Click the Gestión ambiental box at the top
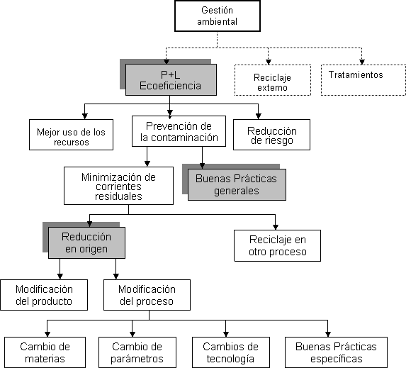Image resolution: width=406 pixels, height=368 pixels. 218,16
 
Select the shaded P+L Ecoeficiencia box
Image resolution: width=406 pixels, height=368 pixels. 171,80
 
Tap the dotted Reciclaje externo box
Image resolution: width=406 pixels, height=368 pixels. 273,80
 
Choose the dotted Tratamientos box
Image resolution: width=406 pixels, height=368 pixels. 363,80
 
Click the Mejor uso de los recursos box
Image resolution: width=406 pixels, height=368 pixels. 71,135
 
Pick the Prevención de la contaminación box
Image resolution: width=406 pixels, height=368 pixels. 179,131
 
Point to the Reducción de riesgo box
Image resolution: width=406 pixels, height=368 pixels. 271,135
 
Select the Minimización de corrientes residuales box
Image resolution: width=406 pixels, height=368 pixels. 118,186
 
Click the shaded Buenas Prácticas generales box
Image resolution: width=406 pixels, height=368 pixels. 237,184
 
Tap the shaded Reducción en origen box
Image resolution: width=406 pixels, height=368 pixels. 86,242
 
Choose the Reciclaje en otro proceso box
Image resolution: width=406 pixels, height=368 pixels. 277,245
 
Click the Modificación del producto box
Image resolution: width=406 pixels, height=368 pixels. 44,295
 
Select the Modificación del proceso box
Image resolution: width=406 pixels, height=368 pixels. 147,295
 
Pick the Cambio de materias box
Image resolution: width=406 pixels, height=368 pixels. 45,352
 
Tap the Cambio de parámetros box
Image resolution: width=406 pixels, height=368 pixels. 137,352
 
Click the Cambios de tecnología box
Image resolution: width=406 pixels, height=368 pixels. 231,352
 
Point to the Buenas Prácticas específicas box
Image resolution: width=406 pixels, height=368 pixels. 336,352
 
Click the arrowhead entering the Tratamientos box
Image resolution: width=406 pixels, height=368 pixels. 362,62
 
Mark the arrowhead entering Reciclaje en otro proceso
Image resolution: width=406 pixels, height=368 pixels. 276,228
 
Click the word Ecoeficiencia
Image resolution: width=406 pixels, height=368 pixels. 170,86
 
